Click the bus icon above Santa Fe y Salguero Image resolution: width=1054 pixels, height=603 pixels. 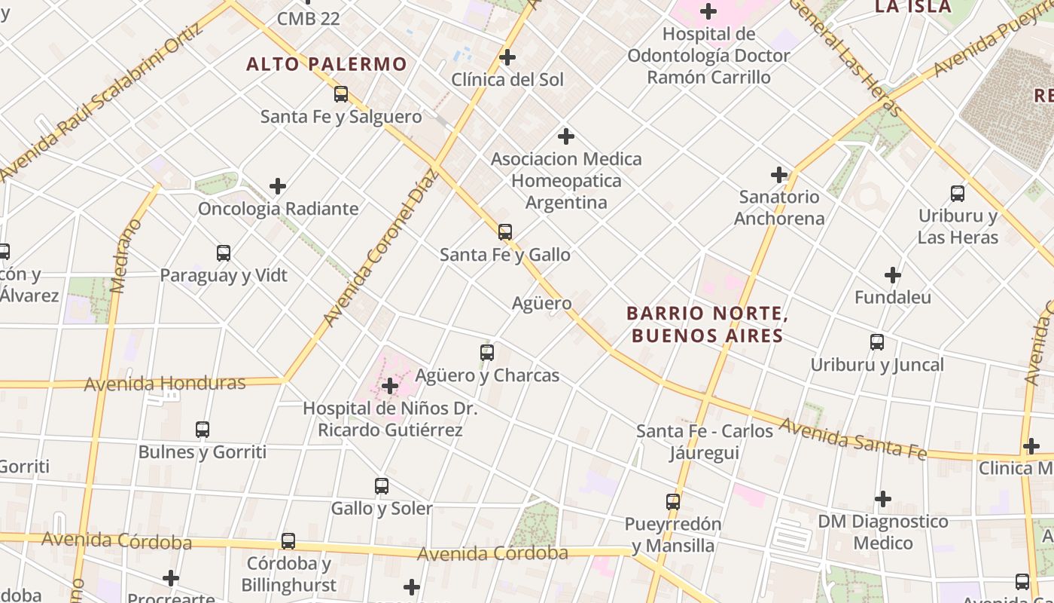(341, 94)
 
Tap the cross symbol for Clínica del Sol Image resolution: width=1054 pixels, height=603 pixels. (507, 57)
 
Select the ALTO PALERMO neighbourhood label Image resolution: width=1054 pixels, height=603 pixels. (326, 64)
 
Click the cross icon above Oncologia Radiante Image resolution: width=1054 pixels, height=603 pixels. (278, 186)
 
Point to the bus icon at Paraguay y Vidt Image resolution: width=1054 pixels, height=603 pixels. (224, 253)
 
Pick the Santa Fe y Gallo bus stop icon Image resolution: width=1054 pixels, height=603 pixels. (505, 232)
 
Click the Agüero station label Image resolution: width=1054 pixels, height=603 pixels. (541, 303)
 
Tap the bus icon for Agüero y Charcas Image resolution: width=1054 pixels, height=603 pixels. (487, 353)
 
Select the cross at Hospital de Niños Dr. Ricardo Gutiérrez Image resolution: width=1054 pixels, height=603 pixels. (390, 387)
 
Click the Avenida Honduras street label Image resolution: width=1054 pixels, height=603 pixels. (165, 384)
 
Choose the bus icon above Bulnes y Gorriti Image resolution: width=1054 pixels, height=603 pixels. (203, 430)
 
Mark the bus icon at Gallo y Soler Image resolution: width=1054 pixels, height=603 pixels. (382, 486)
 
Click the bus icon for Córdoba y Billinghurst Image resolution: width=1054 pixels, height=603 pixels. (288, 541)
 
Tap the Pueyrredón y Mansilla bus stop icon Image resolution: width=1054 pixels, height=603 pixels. (673, 501)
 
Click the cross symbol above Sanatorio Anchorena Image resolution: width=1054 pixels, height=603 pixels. (779, 175)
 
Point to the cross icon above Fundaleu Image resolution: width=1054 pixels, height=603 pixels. (893, 275)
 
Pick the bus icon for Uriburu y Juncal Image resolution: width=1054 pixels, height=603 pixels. (877, 342)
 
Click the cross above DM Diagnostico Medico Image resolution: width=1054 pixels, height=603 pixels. (883, 499)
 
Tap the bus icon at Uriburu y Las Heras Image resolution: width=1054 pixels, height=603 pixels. (958, 194)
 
